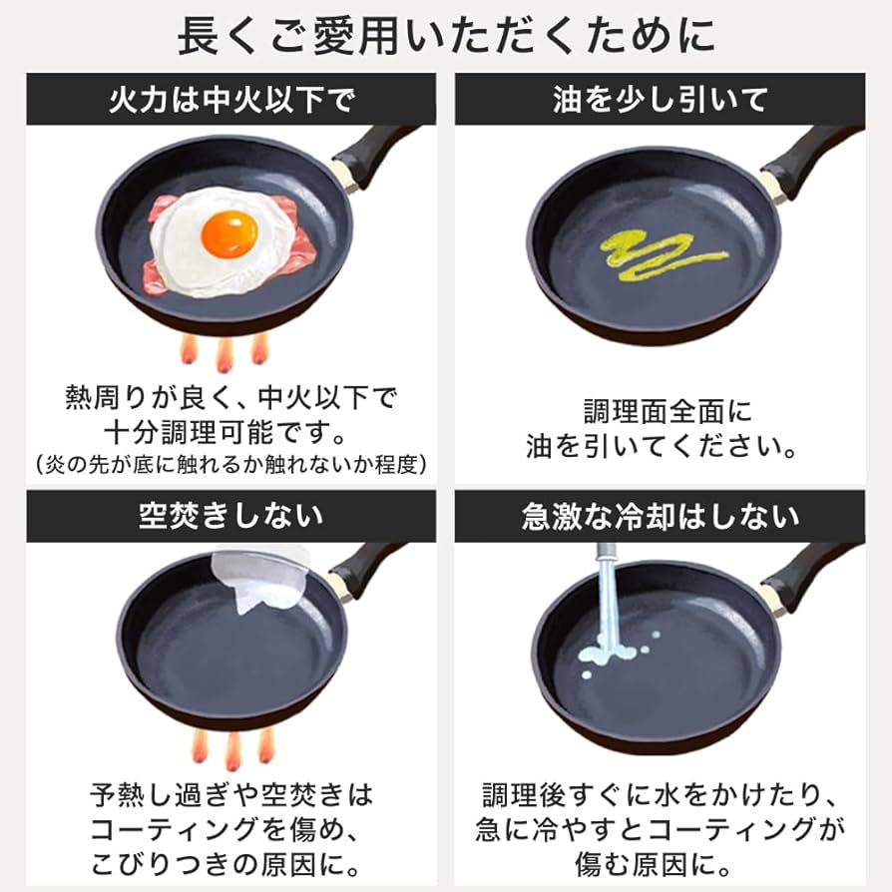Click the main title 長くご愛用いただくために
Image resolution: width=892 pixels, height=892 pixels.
446,37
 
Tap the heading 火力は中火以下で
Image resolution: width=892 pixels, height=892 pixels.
230,100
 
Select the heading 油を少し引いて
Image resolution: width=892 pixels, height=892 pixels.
660,100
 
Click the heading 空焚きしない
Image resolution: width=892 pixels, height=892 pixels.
230,516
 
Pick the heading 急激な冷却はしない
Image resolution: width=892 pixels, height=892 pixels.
660,516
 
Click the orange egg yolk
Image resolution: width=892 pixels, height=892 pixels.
228,234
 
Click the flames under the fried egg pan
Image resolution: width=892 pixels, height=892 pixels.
225,351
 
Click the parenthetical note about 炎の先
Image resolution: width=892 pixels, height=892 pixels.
230,465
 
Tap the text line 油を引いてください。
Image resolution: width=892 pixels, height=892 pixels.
661,445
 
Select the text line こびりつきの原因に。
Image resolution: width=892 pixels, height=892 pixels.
230,860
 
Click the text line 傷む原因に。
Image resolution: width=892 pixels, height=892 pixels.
661,860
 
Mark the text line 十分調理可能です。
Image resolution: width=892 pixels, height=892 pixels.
230,432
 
